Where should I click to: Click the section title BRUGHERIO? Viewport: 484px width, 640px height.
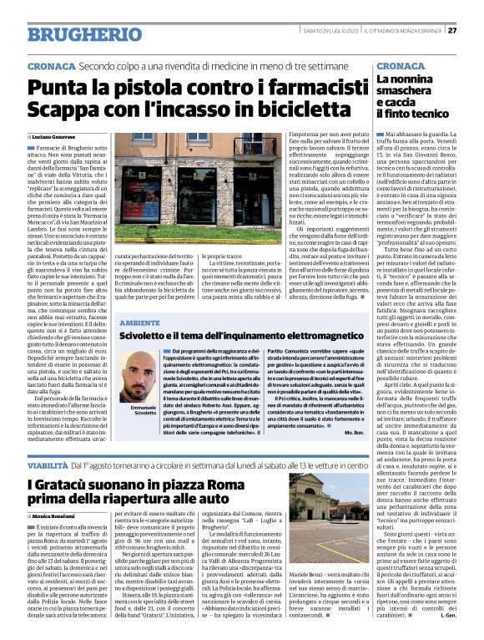73,34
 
